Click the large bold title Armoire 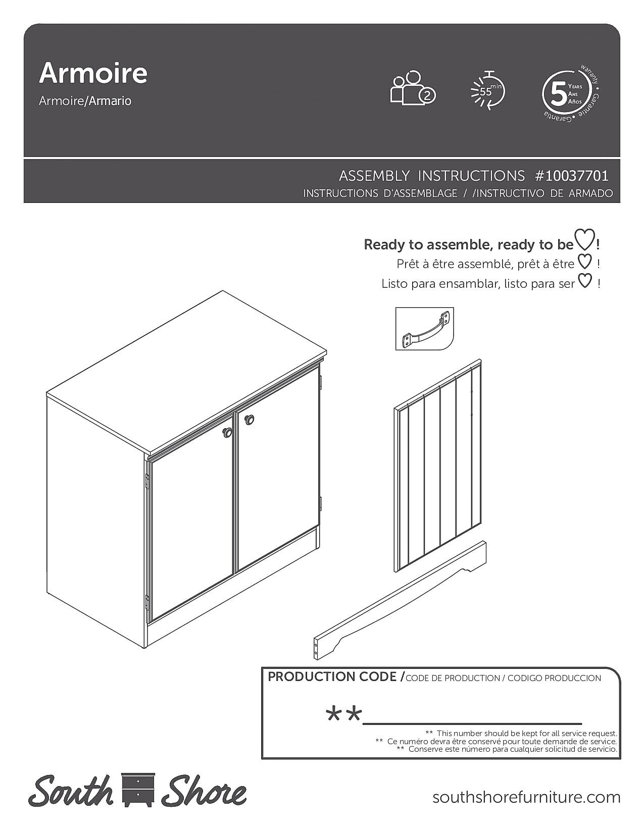pos(93,73)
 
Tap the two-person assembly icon pos(412,89)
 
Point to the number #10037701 pos(572,176)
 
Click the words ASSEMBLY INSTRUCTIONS pos(432,176)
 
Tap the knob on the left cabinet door pos(228,432)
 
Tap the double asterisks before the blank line pos(344,714)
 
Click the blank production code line pos(472,722)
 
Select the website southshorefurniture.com pos(526,797)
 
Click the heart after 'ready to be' pos(585,240)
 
